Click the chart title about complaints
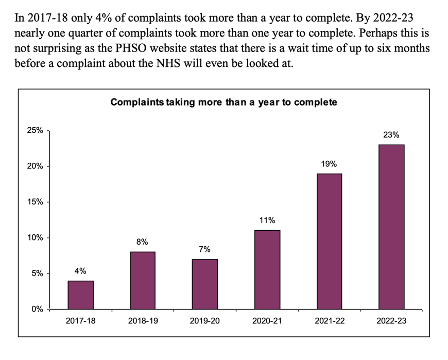pos(223,102)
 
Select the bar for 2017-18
pos(81,295)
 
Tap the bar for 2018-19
pos(143,280)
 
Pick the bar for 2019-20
pos(204,284)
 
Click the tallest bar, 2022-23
pos(391,227)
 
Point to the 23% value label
pos(391,135)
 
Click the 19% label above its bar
pos(329,164)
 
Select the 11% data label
pos(267,220)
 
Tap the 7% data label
pos(204,249)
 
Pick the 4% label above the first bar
pos(81,271)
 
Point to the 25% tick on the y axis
pos(35,131)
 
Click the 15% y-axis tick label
pos(35,202)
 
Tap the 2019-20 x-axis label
pos(204,321)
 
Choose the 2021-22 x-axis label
pos(329,321)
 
